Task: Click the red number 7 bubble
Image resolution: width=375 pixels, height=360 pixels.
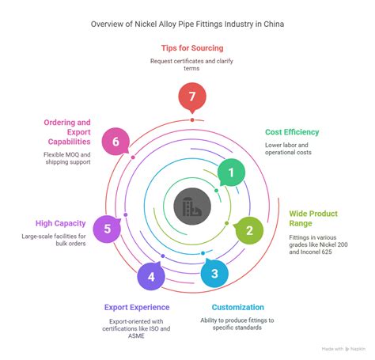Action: point(192,97)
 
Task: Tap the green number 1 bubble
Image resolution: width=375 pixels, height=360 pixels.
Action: point(231,172)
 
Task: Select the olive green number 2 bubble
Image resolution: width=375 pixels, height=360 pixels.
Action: point(249,230)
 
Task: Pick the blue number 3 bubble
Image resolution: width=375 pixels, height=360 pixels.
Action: point(214,274)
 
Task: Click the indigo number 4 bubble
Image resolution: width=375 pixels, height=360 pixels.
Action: point(151,276)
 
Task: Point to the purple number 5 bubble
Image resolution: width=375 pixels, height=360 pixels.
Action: point(107,229)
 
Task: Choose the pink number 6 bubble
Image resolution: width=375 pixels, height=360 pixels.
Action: point(116,142)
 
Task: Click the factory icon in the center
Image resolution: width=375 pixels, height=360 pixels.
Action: point(192,207)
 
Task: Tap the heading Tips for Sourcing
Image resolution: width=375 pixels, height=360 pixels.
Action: point(192,48)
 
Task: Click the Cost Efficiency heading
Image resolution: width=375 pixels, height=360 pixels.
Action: point(292,132)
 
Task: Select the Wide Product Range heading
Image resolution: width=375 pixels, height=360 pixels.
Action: point(313,218)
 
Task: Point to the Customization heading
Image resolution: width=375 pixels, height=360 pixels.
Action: point(237,307)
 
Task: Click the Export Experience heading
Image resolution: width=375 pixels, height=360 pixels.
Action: point(137,307)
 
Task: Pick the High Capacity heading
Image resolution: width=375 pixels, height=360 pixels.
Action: point(60,223)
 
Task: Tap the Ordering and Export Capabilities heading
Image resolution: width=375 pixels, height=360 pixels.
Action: point(67,132)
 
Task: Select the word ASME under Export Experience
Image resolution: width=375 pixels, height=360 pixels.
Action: point(136,335)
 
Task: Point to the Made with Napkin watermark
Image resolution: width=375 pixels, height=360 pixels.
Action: point(343,349)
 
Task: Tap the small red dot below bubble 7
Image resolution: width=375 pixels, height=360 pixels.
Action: point(192,120)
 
